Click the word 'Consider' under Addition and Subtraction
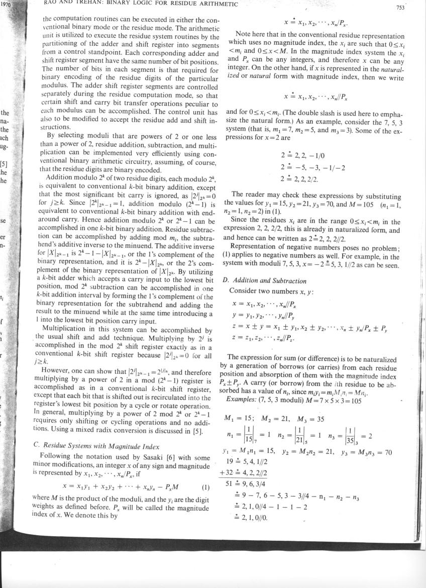[242, 291]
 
